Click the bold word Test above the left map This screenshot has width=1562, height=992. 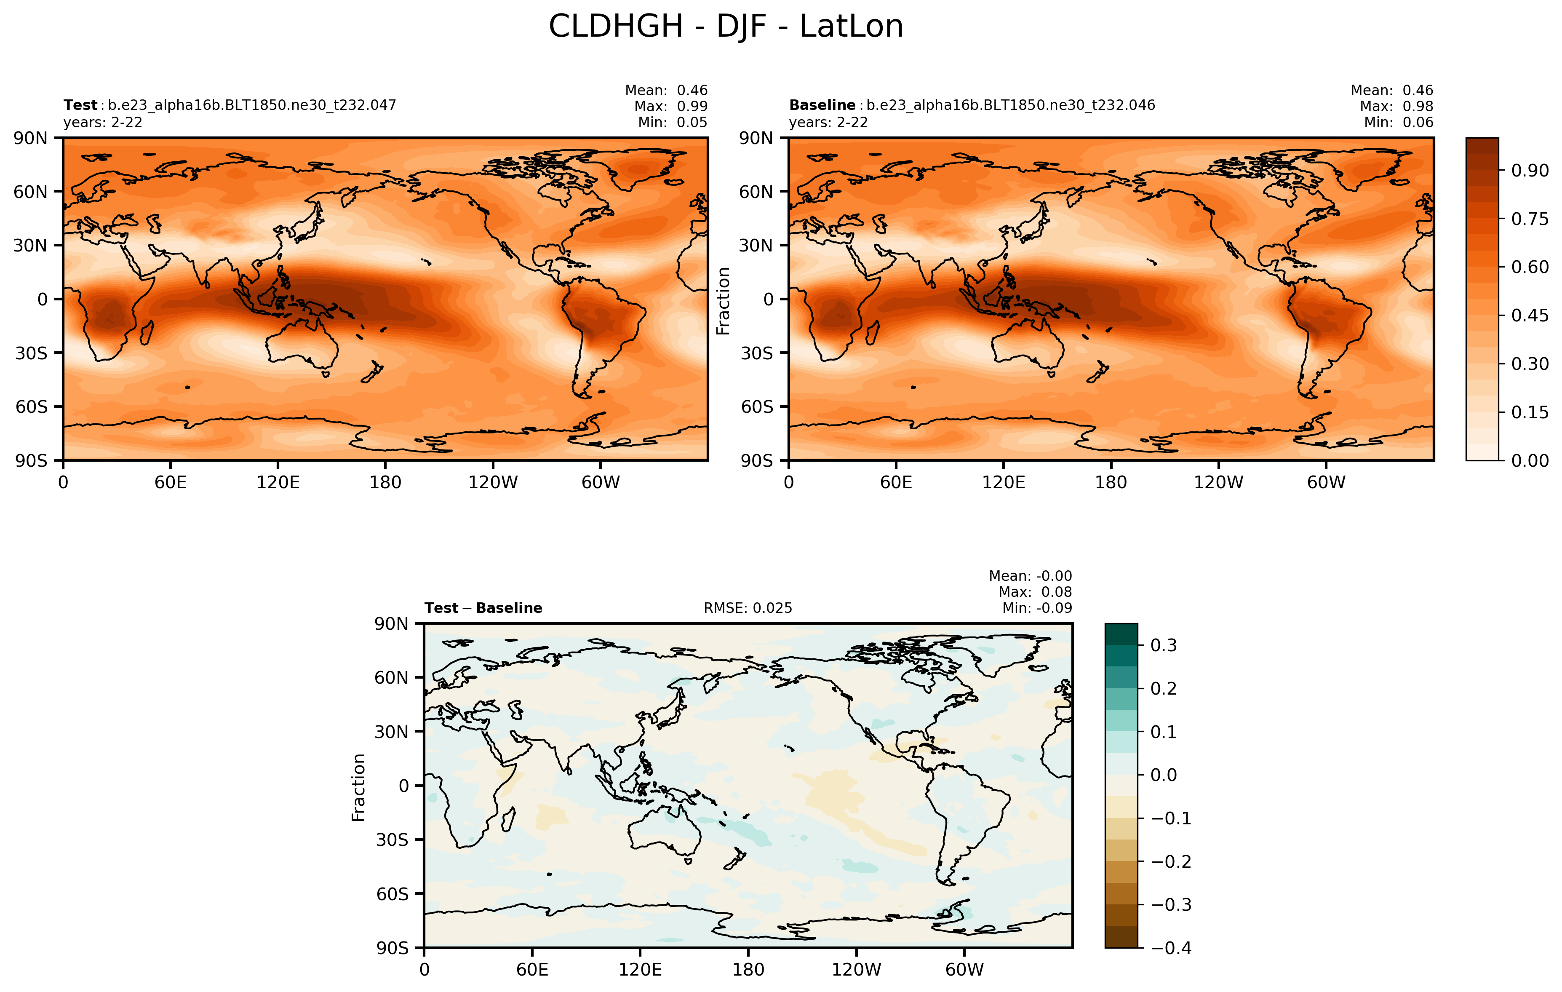pyautogui.click(x=80, y=105)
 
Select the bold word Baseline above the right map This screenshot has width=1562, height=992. pyautogui.click(x=822, y=105)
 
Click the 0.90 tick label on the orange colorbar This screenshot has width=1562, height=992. pyautogui.click(x=1530, y=171)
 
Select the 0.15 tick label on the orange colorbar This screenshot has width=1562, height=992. pyautogui.click(x=1530, y=412)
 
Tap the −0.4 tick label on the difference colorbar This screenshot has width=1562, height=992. pyautogui.click(x=1171, y=948)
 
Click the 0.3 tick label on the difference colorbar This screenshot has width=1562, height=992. pyautogui.click(x=1163, y=646)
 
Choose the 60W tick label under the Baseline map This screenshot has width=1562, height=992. pyautogui.click(x=1326, y=482)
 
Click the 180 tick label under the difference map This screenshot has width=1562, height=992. pyautogui.click(x=748, y=969)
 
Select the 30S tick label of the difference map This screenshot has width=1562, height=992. pyautogui.click(x=392, y=840)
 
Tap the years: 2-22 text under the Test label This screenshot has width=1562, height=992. pyautogui.click(x=102, y=123)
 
